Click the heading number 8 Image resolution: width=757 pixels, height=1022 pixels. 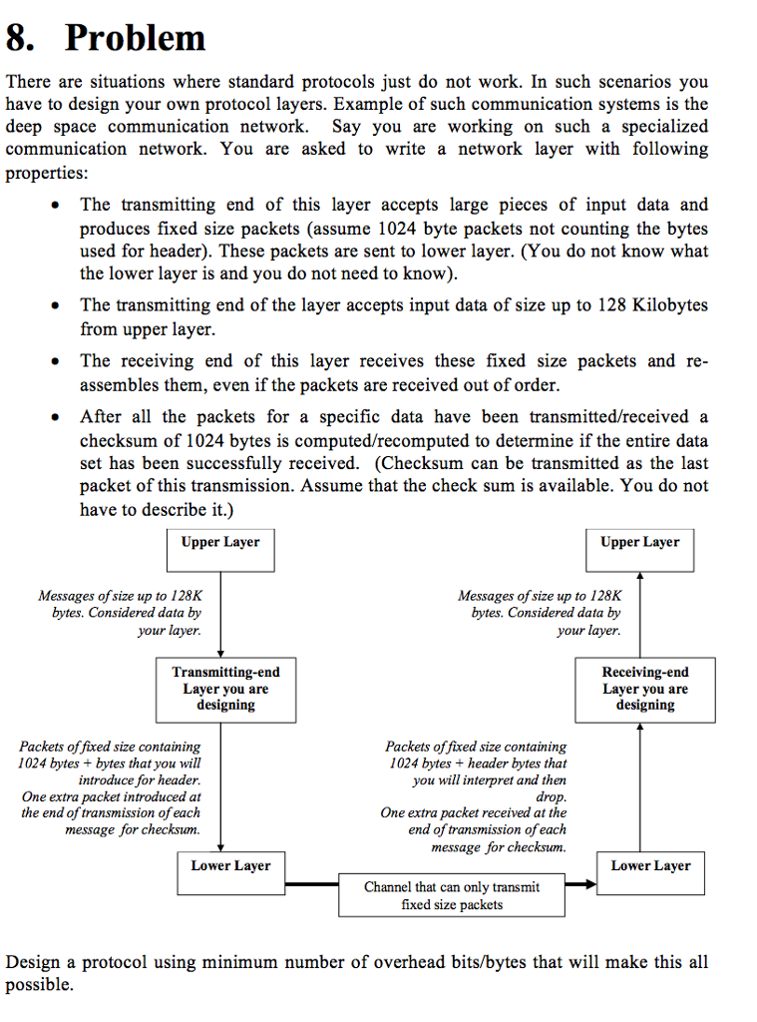22,38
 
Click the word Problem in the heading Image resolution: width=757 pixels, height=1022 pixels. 135,38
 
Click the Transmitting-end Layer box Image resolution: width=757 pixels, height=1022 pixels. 226,689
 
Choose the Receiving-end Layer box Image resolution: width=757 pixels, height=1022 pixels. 644,689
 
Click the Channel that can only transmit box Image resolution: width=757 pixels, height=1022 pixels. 452,895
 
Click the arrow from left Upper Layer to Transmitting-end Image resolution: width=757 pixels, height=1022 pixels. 220,614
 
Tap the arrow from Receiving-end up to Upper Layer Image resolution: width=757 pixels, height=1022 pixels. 640,614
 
